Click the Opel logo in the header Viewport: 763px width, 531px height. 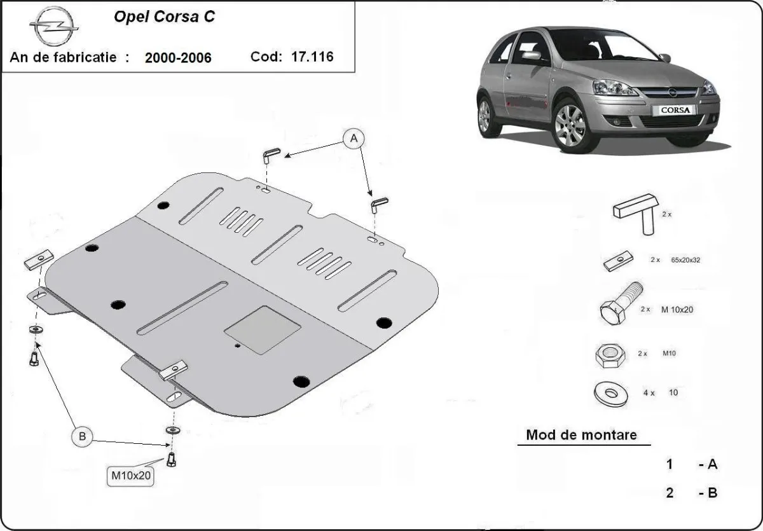click(53, 27)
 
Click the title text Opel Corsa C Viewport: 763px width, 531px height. click(163, 17)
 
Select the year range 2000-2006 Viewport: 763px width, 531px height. click(178, 58)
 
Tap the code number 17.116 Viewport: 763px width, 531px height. click(312, 57)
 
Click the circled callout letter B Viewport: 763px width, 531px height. click(81, 437)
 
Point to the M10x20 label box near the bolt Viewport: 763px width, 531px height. click(132, 476)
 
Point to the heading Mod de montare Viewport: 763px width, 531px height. click(581, 435)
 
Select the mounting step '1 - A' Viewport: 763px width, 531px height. click(692, 464)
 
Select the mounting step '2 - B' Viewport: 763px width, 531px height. click(692, 492)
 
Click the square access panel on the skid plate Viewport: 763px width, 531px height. click(263, 329)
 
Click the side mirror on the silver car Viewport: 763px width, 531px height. click(531, 55)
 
